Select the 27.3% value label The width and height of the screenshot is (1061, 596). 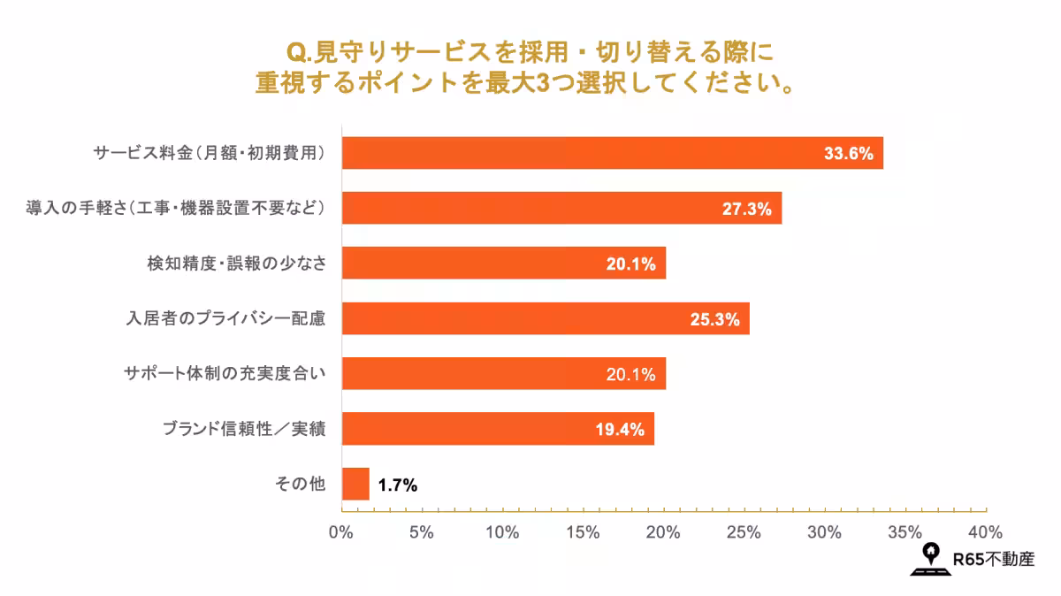point(747,209)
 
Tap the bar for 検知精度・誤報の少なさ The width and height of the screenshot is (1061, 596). point(503,264)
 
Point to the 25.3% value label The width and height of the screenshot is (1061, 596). point(714,319)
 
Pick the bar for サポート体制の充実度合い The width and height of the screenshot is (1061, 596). point(503,374)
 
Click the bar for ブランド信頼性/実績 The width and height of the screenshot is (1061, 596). point(498,429)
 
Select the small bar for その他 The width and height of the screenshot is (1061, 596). point(355,485)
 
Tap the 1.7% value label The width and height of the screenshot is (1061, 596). point(397,485)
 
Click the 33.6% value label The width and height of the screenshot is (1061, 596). point(848,153)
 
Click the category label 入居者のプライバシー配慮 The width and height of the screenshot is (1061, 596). point(225,319)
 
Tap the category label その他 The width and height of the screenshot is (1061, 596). point(301,485)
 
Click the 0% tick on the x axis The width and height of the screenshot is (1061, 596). point(340,532)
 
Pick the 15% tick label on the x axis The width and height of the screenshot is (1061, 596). point(583,532)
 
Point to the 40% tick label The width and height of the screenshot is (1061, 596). point(985,532)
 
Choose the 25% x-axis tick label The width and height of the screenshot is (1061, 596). point(744,532)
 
